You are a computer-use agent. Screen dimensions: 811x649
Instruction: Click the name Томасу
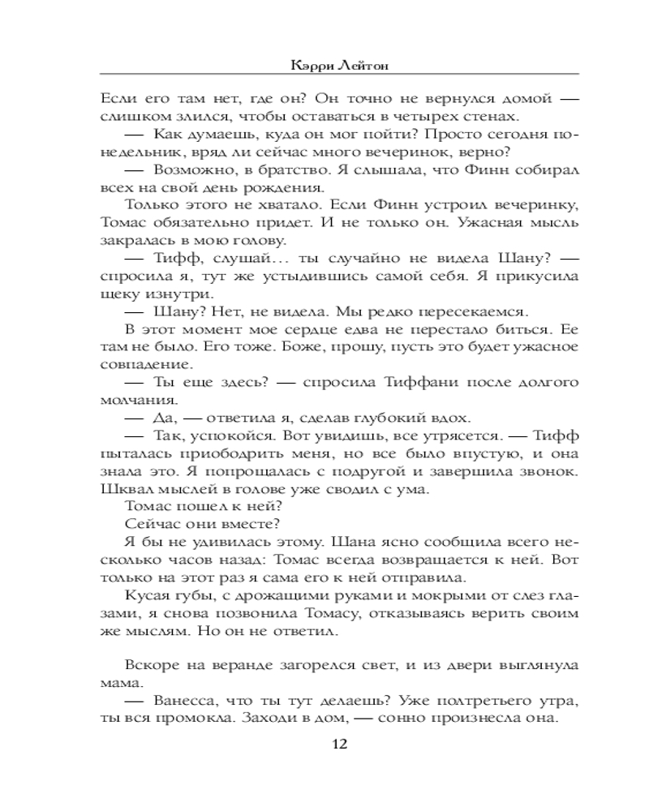pos(312,613)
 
